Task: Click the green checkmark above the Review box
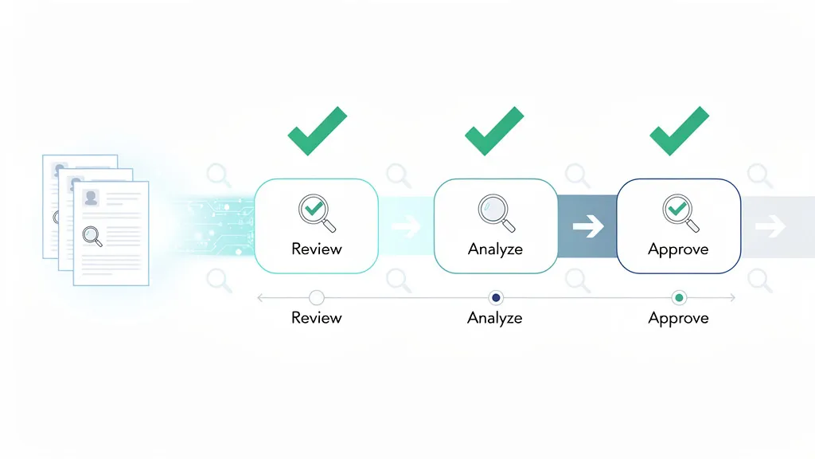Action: pyautogui.click(x=316, y=131)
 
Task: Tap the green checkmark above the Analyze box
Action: pyautogui.click(x=493, y=131)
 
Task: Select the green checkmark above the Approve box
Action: pyautogui.click(x=679, y=131)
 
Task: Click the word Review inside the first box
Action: pyautogui.click(x=316, y=249)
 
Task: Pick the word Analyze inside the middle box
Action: pyautogui.click(x=495, y=249)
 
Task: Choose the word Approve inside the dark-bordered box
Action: pyautogui.click(x=679, y=249)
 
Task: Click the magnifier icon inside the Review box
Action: pyautogui.click(x=314, y=211)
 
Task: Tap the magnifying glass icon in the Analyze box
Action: pyautogui.click(x=494, y=211)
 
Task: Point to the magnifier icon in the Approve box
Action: pyautogui.click(x=678, y=211)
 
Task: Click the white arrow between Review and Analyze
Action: pyautogui.click(x=407, y=227)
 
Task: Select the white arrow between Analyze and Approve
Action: pyautogui.click(x=588, y=227)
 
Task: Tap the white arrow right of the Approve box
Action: pyautogui.click(x=770, y=228)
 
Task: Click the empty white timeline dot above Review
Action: pyautogui.click(x=316, y=298)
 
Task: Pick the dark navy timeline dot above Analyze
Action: pyautogui.click(x=497, y=298)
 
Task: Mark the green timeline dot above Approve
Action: pyautogui.click(x=679, y=298)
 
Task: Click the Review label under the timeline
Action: pyautogui.click(x=316, y=318)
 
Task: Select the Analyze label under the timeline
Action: pyautogui.click(x=495, y=318)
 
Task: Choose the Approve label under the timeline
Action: pyautogui.click(x=679, y=318)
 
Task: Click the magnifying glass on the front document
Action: pyautogui.click(x=92, y=236)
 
